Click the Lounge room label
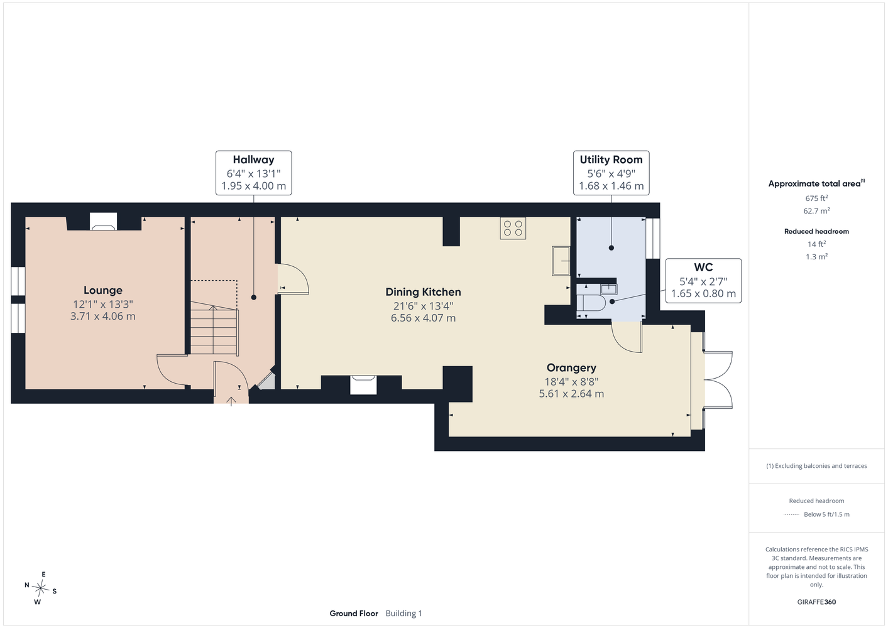tap(102, 290)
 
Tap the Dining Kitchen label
tap(423, 292)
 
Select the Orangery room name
tap(571, 368)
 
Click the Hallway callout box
tap(254, 173)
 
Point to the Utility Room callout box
tap(611, 173)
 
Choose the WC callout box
tap(703, 281)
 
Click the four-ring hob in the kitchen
tap(513, 228)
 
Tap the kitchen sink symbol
tap(561, 261)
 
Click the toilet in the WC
tap(591, 303)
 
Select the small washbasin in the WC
tap(608, 289)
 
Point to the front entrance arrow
tap(231, 401)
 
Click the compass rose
tap(40, 588)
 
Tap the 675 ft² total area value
tap(816, 198)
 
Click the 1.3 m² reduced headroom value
tap(816, 257)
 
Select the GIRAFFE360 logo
tap(816, 602)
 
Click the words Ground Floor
tap(354, 614)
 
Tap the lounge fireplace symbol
tap(103, 222)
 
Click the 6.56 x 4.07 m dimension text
tap(423, 318)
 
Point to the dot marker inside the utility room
tap(611, 248)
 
